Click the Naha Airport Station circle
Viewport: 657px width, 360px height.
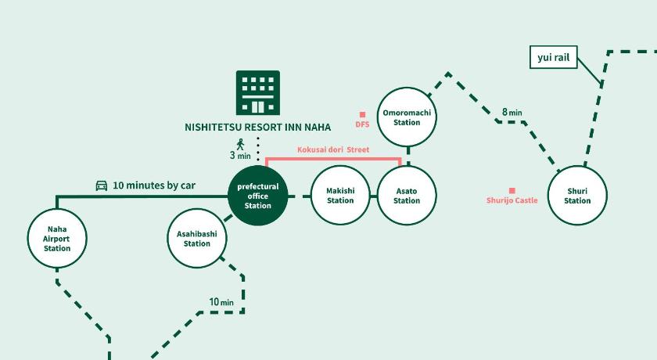tap(56, 239)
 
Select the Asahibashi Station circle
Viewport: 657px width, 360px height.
tap(197, 239)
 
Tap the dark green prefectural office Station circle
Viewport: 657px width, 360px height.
tap(258, 196)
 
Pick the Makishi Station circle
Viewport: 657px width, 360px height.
tap(340, 196)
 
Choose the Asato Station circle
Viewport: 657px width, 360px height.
tap(407, 196)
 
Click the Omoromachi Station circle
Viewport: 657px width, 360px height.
tap(407, 117)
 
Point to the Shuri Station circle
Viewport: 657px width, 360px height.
tap(577, 196)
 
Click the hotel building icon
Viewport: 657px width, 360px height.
tap(258, 92)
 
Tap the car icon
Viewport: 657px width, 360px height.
tap(102, 185)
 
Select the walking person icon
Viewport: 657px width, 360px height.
tap(241, 143)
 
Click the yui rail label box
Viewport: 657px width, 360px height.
tap(553, 57)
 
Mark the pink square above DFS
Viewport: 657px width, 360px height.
tap(362, 114)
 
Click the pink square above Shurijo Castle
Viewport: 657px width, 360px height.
tap(512, 190)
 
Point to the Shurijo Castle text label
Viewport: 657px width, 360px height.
tap(512, 201)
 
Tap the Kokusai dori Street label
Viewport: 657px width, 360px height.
tap(333, 149)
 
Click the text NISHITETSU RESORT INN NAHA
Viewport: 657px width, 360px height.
tap(257, 127)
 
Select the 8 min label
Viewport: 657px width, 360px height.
tap(512, 113)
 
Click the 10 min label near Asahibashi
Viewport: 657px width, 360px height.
tap(221, 302)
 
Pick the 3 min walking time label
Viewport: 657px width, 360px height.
tap(240, 156)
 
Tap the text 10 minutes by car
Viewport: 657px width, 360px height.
tap(154, 185)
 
